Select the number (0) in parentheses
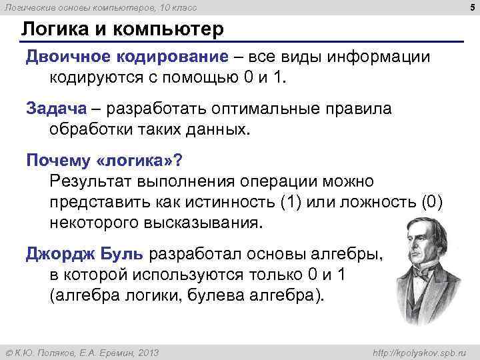[432, 202]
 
